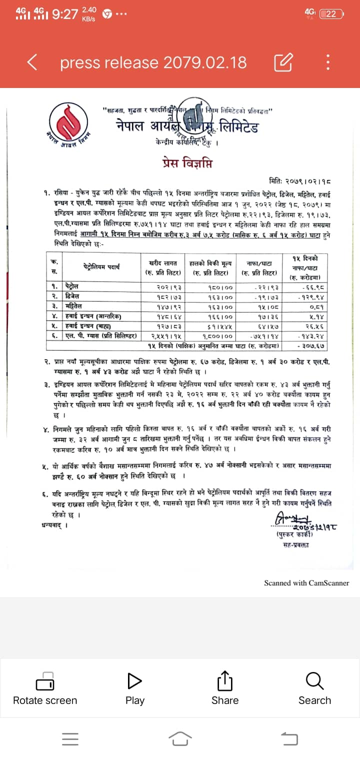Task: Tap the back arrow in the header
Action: point(32,62)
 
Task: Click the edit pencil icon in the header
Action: point(283,62)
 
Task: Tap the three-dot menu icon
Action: point(328,62)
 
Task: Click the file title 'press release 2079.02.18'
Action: point(153,62)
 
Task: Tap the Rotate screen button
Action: point(45,688)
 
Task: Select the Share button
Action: point(225,688)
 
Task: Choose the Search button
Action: point(314,688)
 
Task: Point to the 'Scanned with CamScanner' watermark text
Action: point(306,582)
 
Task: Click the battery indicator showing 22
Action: point(331,14)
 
